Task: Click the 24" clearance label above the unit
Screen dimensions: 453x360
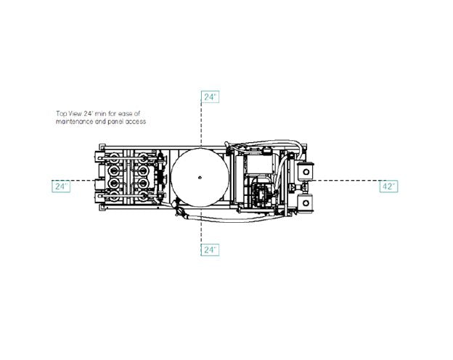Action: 210,97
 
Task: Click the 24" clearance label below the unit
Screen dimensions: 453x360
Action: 210,250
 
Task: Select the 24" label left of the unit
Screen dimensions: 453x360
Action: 61,186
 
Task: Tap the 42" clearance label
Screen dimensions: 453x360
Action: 388,186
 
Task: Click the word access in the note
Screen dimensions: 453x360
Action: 136,122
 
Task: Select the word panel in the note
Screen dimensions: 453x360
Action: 115,122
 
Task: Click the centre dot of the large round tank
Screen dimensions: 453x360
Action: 200,177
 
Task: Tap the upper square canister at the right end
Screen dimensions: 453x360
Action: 306,172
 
